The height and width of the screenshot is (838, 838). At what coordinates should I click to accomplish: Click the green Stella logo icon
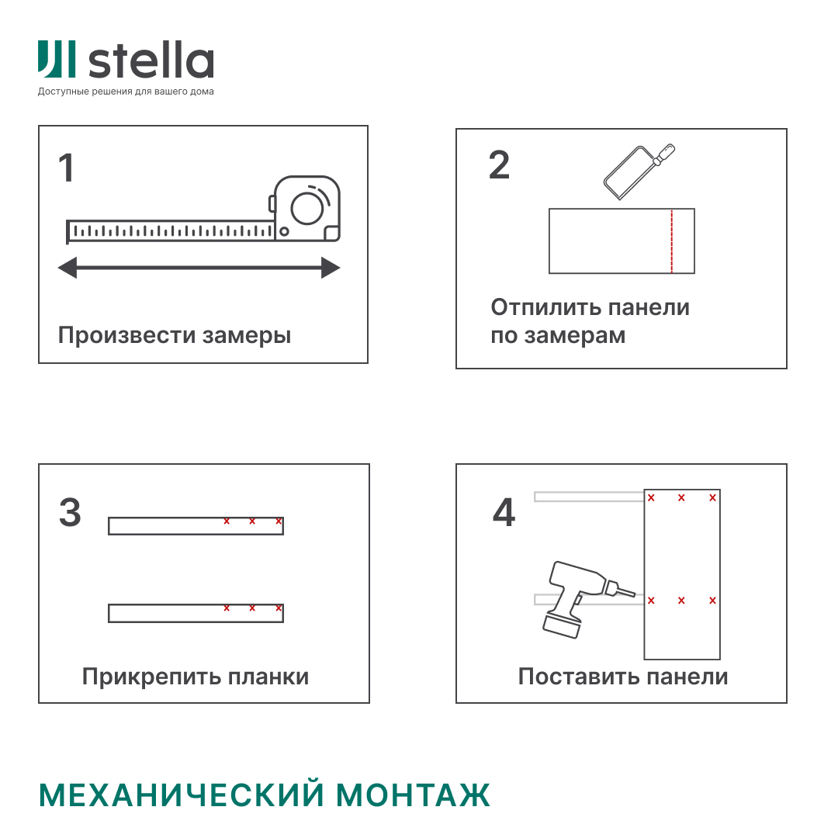tap(57, 60)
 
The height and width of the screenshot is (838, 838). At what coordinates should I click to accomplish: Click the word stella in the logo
tap(151, 61)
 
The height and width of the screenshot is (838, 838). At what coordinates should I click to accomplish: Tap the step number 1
tap(67, 168)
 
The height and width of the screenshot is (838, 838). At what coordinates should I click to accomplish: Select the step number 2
tap(499, 164)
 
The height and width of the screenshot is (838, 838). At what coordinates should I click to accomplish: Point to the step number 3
tap(70, 513)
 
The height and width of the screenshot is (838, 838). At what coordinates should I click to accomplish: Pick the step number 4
tap(504, 513)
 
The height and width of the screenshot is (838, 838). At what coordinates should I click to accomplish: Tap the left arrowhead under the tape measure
tap(68, 268)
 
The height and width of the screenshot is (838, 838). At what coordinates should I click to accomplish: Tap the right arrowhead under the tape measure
tap(331, 268)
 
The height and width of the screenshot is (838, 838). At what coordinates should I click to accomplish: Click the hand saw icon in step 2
tap(638, 172)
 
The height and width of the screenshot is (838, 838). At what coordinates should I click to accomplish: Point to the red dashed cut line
tap(671, 241)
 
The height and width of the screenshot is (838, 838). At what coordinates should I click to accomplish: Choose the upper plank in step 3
tap(196, 526)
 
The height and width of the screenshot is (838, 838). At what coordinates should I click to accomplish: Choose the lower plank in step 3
tap(196, 613)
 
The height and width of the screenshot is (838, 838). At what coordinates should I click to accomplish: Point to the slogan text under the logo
tap(126, 92)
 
